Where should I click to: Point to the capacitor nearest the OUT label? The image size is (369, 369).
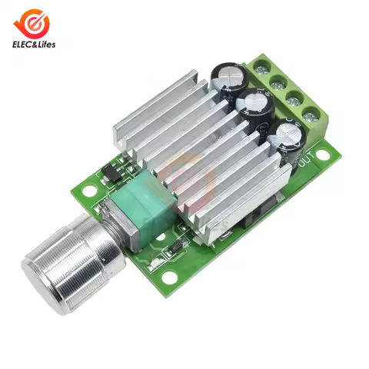point(288,138)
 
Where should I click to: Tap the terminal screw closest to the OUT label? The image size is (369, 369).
point(311,117)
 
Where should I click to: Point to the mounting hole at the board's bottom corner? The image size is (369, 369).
point(168,277)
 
